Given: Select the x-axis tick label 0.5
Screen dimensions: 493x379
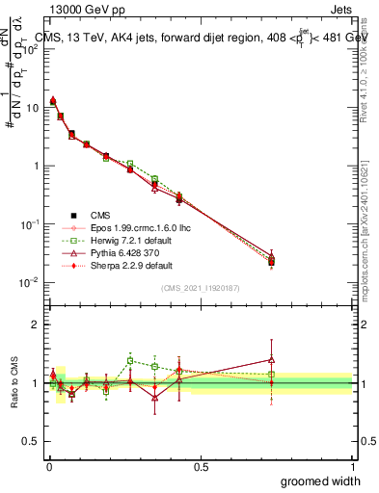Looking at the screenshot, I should coord(201,466).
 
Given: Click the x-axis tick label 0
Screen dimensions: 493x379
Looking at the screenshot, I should coord(49,466).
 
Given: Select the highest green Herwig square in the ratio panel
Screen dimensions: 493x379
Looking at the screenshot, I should coord(130,361).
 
